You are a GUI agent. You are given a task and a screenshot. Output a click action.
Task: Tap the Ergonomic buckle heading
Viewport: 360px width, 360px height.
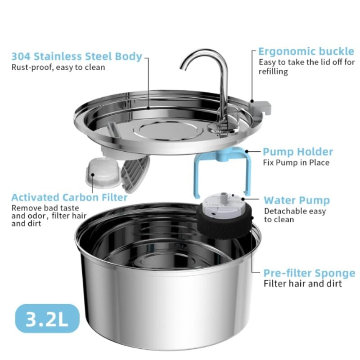[306, 51]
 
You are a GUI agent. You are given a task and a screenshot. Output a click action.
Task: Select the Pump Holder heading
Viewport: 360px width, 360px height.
[298, 152]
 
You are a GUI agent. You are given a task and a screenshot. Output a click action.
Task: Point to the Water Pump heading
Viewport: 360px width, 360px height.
[297, 200]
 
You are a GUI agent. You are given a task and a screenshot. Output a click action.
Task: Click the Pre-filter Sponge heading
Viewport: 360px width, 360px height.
[309, 273]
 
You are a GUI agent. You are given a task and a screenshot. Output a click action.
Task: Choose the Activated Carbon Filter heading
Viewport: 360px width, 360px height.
[69, 198]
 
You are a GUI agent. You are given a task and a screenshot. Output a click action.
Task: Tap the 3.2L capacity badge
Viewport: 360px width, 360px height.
[48, 319]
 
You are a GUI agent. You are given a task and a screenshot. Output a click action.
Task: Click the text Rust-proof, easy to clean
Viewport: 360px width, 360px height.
[58, 67]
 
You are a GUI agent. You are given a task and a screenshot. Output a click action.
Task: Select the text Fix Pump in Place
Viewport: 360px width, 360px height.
[296, 162]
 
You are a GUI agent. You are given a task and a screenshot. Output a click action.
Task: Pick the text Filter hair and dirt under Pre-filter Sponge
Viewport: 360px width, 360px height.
[302, 284]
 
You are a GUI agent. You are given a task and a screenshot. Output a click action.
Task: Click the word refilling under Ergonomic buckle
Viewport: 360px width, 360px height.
[273, 71]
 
